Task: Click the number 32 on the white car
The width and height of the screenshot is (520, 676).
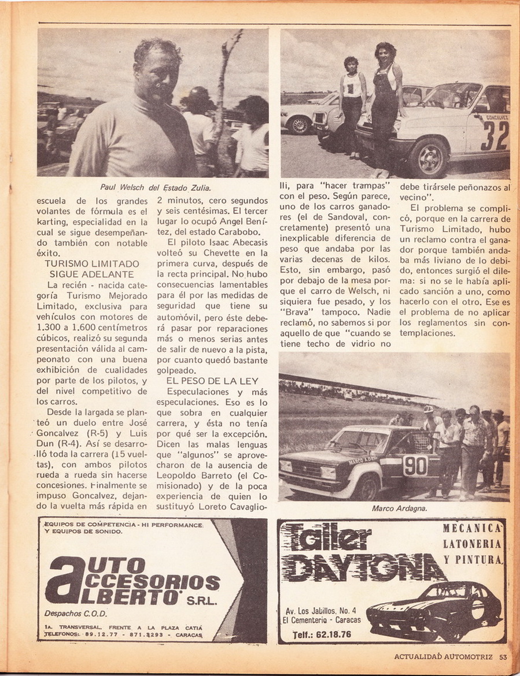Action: point(494,135)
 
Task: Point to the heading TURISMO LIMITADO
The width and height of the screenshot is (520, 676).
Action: point(92,263)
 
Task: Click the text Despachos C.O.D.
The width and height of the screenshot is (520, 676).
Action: point(76,613)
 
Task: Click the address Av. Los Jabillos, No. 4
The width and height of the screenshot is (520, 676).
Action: point(321,610)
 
